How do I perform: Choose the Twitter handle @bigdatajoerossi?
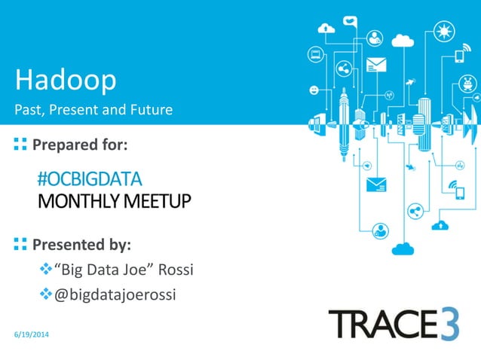pyautogui.click(x=115, y=294)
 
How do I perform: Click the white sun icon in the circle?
pyautogui.click(x=445, y=32)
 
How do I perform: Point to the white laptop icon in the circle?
pyautogui.click(x=317, y=54)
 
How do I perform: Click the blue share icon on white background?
pyautogui.click(x=413, y=212)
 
